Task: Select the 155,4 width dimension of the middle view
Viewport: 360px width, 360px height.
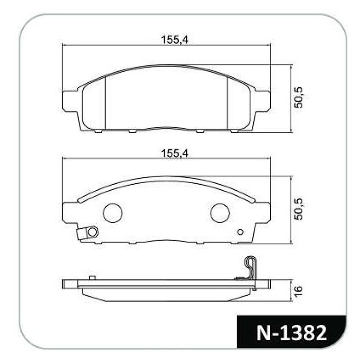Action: [175, 153]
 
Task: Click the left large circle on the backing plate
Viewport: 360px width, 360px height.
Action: [112, 213]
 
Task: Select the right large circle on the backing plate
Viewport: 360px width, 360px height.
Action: [220, 213]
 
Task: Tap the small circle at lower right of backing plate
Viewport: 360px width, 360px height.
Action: [240, 232]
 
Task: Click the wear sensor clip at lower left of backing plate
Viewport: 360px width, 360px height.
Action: [88, 233]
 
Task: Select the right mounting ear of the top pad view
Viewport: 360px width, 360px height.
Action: [263, 100]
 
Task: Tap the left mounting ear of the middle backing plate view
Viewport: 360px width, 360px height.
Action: [69, 212]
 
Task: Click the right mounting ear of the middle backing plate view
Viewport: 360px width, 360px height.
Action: [263, 212]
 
